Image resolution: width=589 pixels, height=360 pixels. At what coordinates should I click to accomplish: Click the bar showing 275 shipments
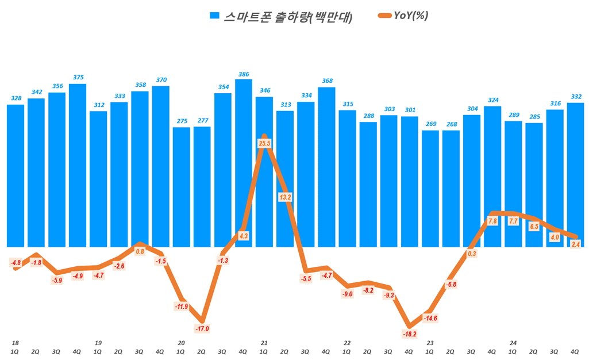coord(182,187)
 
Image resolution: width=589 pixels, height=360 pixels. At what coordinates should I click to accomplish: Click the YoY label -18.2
coord(409,334)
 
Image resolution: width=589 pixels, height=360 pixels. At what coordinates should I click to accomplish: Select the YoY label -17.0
coord(202,329)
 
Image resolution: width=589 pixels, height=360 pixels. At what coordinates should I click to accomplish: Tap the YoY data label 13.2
coord(285,197)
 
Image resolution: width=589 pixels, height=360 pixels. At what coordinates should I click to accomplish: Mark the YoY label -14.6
coord(430,318)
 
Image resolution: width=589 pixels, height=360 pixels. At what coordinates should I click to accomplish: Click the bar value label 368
coord(326,81)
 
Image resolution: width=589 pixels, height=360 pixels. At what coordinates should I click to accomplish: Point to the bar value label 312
coord(99,105)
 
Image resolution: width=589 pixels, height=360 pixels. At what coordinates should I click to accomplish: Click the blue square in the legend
coord(214,16)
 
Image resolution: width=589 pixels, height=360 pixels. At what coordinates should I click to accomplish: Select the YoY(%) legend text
coord(410,16)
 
